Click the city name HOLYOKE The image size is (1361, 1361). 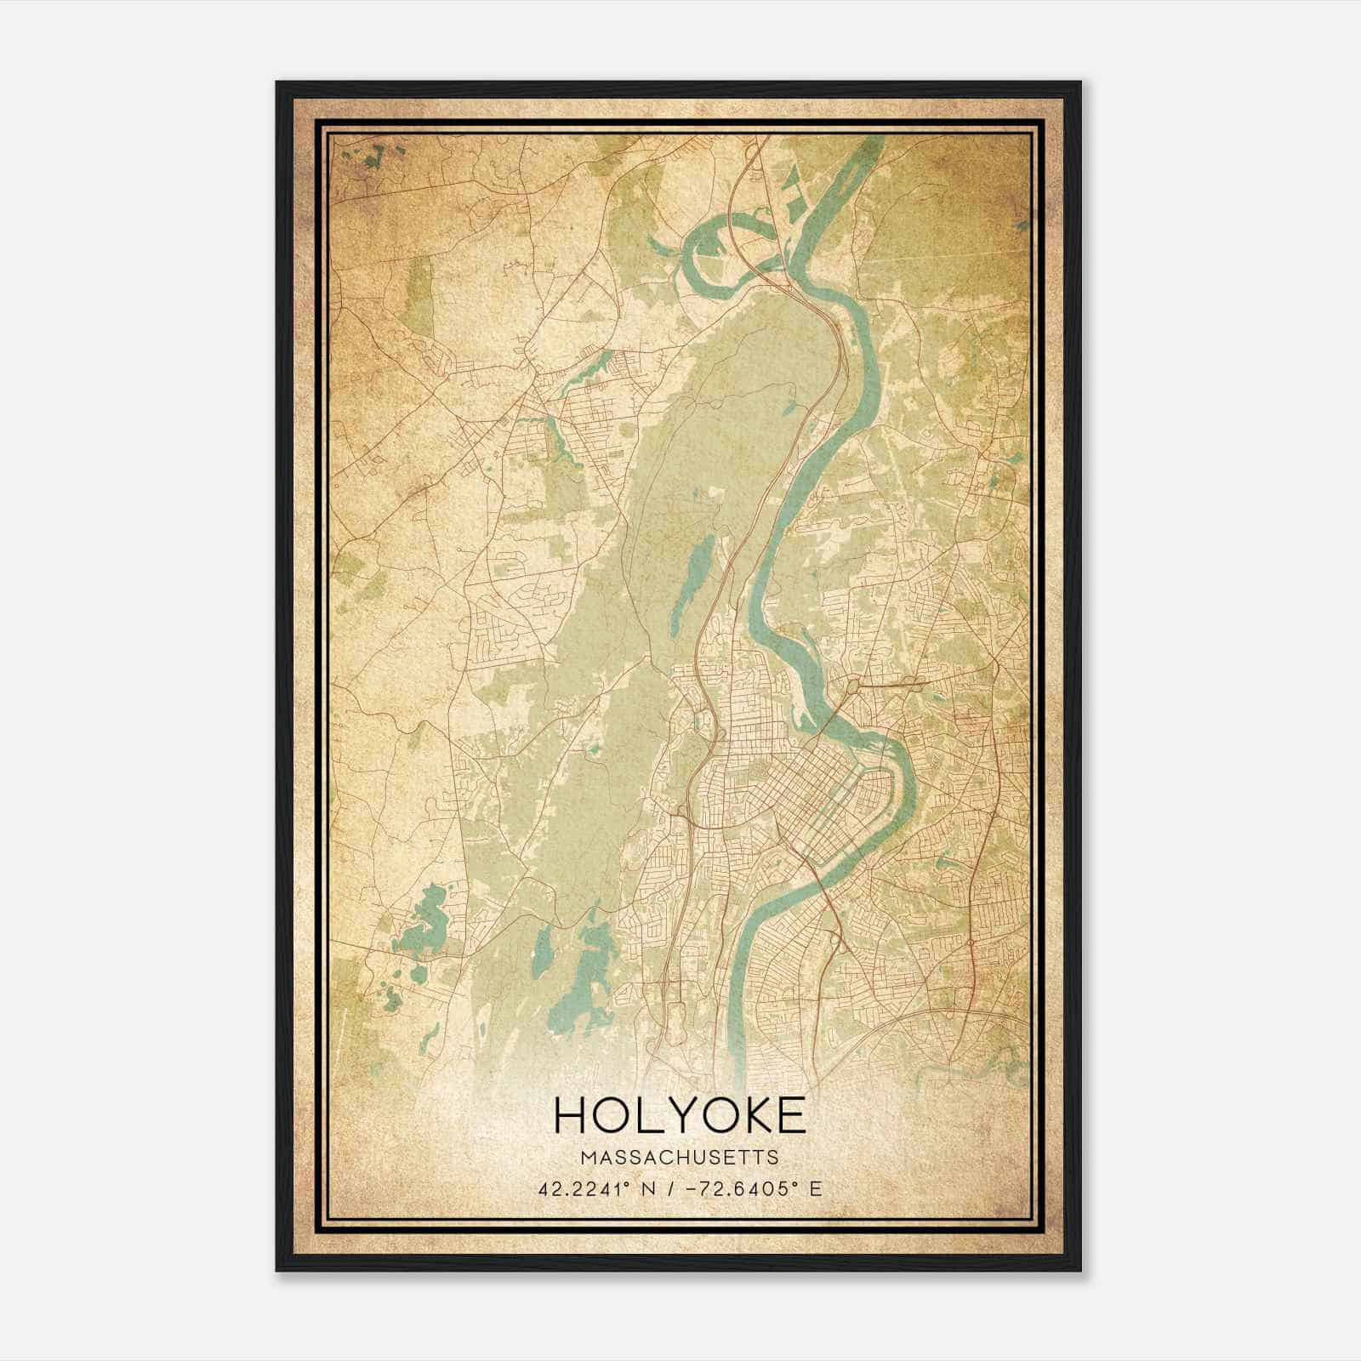point(680,1115)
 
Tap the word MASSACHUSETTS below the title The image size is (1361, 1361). point(680,1157)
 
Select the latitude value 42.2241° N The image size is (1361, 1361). point(600,1188)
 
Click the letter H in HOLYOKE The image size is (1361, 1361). point(571,1115)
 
